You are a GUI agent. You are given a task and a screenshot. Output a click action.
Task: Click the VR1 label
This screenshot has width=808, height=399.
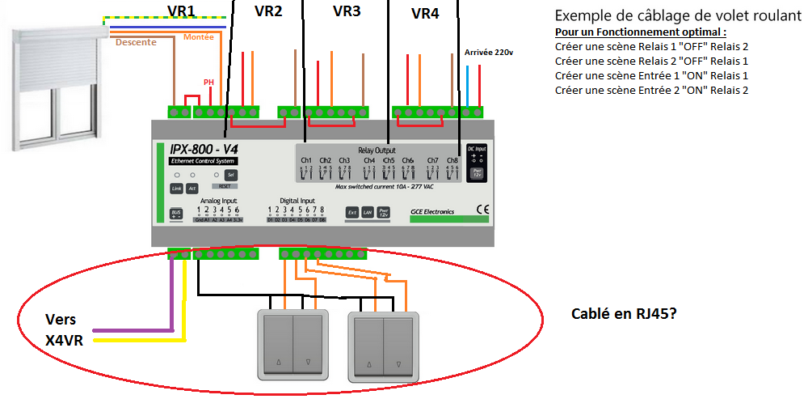coord(181,10)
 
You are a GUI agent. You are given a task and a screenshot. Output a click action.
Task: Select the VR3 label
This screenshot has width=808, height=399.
coord(347,11)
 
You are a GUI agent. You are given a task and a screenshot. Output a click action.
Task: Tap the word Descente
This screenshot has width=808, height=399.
coord(136,43)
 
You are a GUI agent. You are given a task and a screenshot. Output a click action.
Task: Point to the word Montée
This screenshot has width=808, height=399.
coord(199,37)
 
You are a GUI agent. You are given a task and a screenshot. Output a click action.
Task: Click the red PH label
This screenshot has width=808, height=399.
coord(208,82)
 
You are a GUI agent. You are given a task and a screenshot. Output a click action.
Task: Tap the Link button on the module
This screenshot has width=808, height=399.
coord(176,189)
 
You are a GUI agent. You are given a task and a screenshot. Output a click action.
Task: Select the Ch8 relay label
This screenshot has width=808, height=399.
coord(452,160)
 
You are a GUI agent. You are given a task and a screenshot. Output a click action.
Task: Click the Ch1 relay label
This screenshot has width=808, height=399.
coord(307,160)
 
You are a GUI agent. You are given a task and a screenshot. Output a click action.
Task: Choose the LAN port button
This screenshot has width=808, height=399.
coord(368,212)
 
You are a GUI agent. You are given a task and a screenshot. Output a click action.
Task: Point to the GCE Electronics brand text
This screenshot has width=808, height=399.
coord(431,212)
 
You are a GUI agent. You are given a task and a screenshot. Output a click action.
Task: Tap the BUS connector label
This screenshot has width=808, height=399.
coord(176,214)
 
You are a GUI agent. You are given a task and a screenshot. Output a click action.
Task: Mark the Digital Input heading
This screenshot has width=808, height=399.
coord(292,200)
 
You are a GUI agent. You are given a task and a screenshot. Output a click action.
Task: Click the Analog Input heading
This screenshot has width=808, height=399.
coord(218,200)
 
